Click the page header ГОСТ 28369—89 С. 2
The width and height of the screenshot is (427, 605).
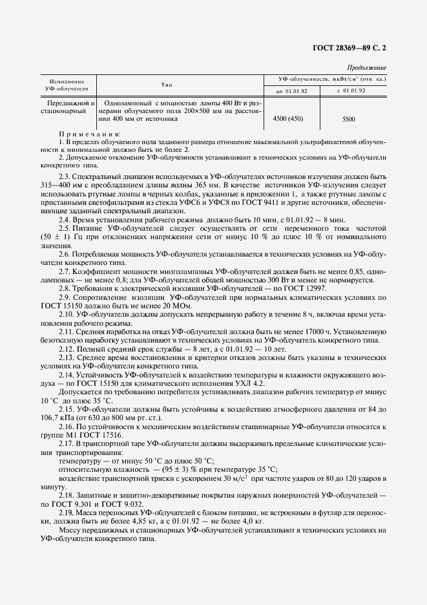tap(349, 47)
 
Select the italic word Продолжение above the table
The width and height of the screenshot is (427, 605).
tap(366, 67)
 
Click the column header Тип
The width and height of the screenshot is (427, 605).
tap(180, 85)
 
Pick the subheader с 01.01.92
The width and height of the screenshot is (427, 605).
tap(351, 90)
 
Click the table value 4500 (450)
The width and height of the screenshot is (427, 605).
tap(288, 119)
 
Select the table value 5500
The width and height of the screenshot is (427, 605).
tap(349, 120)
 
